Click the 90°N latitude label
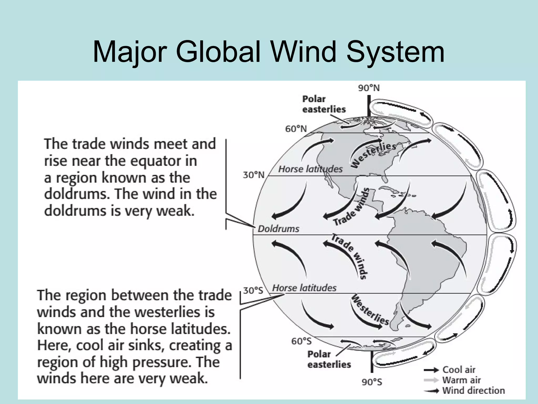[x=369, y=88]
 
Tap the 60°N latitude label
[x=296, y=129]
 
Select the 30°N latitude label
[x=254, y=175]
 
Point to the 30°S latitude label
[x=253, y=290]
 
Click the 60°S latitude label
[x=301, y=341]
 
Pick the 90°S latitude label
[x=372, y=382]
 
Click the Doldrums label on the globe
[x=278, y=229]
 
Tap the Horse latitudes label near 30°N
[x=310, y=169]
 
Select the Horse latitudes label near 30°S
[x=304, y=288]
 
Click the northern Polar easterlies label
[x=324, y=104]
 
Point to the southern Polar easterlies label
[x=329, y=359]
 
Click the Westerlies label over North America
[x=373, y=155]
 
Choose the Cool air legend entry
[x=459, y=370]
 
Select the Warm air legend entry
[x=461, y=380]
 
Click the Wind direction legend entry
[x=473, y=391]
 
